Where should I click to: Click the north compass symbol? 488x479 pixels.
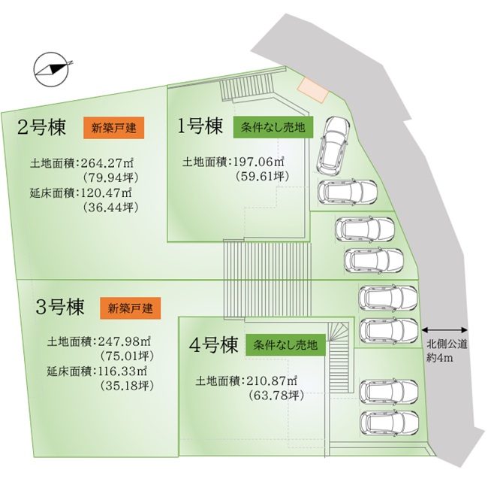(x=51, y=69)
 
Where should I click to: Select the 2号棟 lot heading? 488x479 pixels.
(x=41, y=127)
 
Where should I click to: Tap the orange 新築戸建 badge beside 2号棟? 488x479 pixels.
(x=113, y=128)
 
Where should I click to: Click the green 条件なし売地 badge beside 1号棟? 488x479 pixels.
(x=273, y=127)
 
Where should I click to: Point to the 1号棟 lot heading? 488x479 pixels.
(x=200, y=126)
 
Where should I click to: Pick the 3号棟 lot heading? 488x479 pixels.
(x=60, y=307)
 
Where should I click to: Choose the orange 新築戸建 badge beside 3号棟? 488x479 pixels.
(x=131, y=308)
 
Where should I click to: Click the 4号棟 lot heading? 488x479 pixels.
(x=213, y=344)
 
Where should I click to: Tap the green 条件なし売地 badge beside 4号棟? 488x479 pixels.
(x=286, y=345)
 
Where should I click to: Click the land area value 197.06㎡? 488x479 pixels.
(x=259, y=162)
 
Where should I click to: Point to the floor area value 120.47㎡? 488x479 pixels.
(x=107, y=193)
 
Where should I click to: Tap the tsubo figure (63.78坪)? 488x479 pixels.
(x=276, y=396)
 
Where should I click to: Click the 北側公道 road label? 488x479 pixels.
(x=447, y=344)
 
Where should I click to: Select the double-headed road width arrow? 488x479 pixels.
(x=444, y=329)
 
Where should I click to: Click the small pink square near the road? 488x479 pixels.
(x=313, y=89)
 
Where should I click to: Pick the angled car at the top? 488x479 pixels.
(x=332, y=144)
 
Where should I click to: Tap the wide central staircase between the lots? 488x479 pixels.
(x=267, y=280)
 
